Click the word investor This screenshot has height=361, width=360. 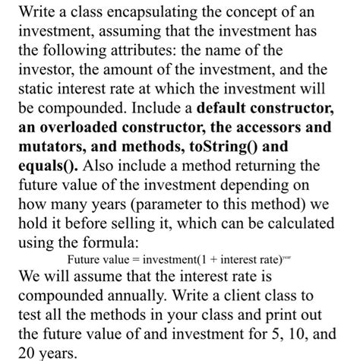(43, 68)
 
